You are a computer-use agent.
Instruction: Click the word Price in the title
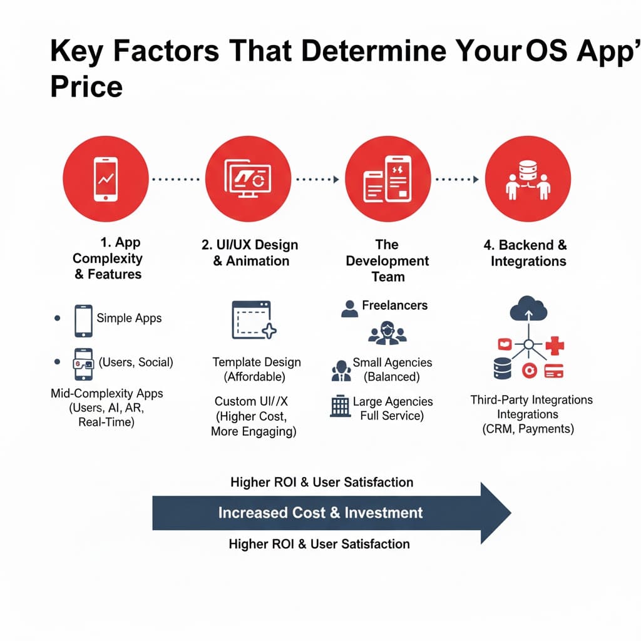[86, 86]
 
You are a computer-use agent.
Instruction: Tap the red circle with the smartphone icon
[106, 179]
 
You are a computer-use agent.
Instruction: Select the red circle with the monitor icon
[248, 179]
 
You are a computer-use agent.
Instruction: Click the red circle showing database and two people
[528, 179]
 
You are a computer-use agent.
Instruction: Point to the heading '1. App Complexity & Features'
[108, 258]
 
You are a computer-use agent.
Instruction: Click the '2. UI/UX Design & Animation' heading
[250, 253]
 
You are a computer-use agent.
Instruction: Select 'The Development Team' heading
[387, 260]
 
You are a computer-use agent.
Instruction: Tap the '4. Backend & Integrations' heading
[526, 253]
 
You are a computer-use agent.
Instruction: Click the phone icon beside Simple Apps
[83, 321]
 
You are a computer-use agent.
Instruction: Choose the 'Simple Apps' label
[129, 318]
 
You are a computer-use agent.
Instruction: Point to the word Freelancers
[395, 305]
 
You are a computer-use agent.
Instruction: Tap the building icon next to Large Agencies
[340, 406]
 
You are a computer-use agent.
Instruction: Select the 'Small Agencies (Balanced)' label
[392, 369]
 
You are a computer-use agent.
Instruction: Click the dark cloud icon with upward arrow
[528, 309]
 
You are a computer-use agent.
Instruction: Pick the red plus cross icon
[555, 346]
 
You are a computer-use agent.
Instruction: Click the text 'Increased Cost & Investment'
[320, 513]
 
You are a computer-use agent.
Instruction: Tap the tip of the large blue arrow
[511, 513]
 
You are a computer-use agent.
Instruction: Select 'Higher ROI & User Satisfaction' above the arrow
[322, 483]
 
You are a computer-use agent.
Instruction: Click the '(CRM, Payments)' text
[528, 429]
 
